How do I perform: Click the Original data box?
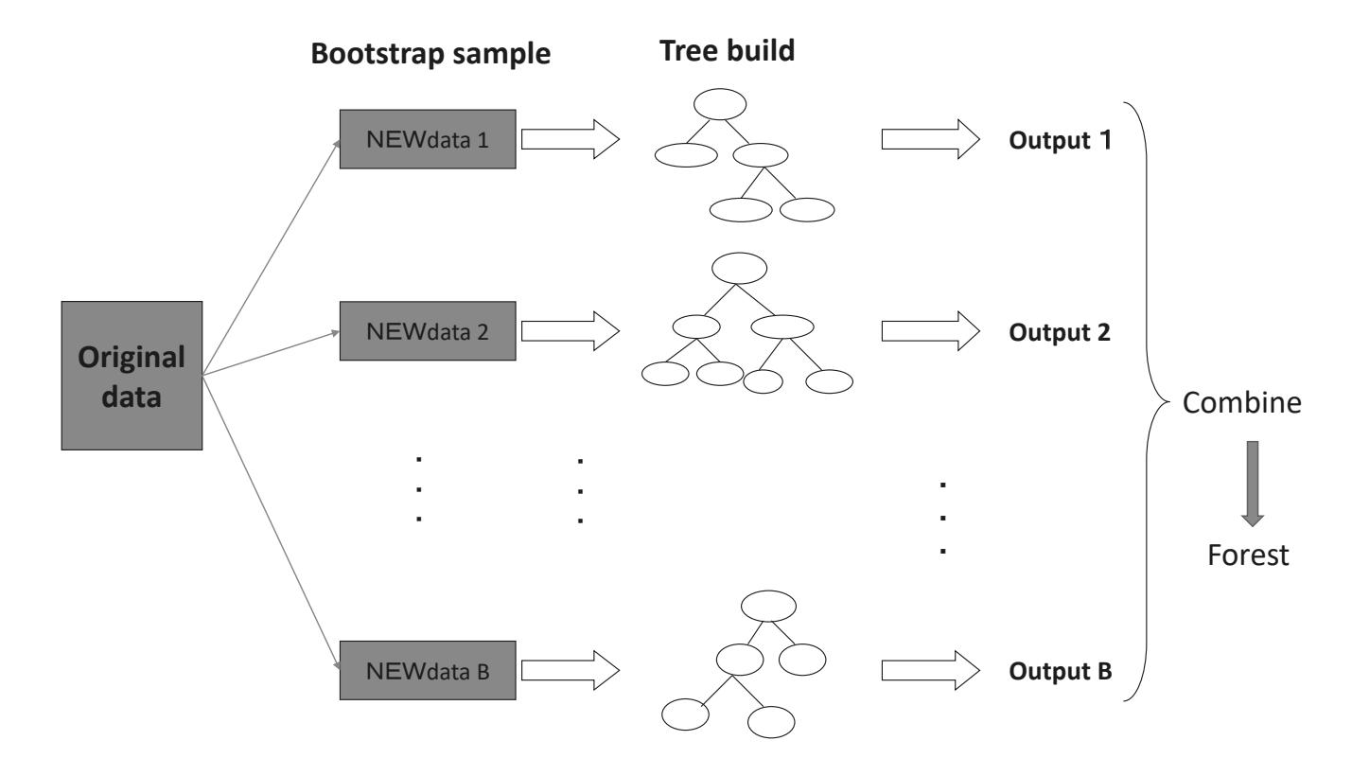(132, 375)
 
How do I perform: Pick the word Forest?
(1250, 556)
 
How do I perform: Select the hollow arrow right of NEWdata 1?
(570, 140)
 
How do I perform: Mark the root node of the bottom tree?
(767, 606)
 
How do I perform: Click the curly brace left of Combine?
(1147, 403)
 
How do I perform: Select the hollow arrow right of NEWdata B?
(570, 670)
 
